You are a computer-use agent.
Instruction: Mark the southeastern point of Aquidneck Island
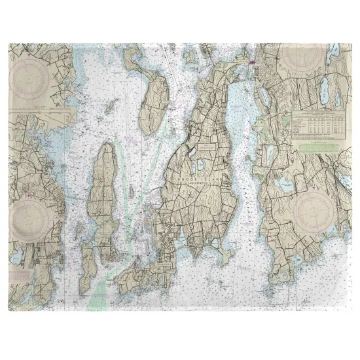(226, 249)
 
